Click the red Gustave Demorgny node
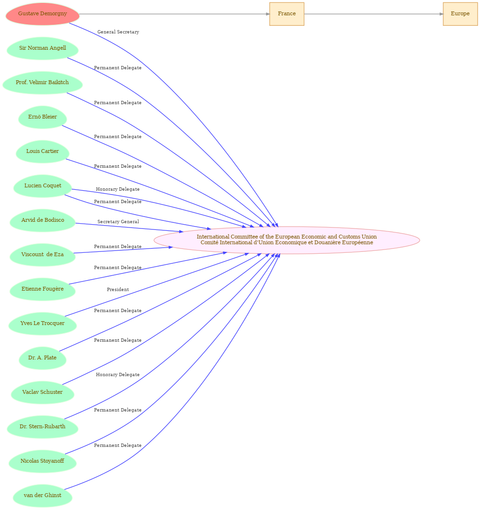pyautogui.click(x=43, y=14)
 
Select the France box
pyautogui.click(x=287, y=14)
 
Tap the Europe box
pyautogui.click(x=460, y=14)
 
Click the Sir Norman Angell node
pyautogui.click(x=43, y=48)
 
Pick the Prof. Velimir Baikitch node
pyautogui.click(x=43, y=83)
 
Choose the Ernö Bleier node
pyautogui.click(x=43, y=117)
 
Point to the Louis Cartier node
pyautogui.click(x=43, y=152)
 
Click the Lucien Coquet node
pyautogui.click(x=43, y=186)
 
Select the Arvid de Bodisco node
pyautogui.click(x=43, y=220)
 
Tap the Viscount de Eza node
pyautogui.click(x=43, y=255)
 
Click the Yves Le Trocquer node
pyautogui.click(x=43, y=324)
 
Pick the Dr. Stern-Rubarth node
pyautogui.click(x=43, y=427)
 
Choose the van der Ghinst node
pyautogui.click(x=43, y=496)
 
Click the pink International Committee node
pyautogui.click(x=287, y=240)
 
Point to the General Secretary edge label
pyautogui.click(x=118, y=32)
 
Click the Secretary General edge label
pyautogui.click(x=118, y=221)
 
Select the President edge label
pyautogui.click(x=118, y=290)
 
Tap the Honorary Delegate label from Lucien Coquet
pyautogui.click(x=117, y=189)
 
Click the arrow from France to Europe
pyautogui.click(x=373, y=14)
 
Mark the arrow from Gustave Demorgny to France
pyautogui.click(x=174, y=14)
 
